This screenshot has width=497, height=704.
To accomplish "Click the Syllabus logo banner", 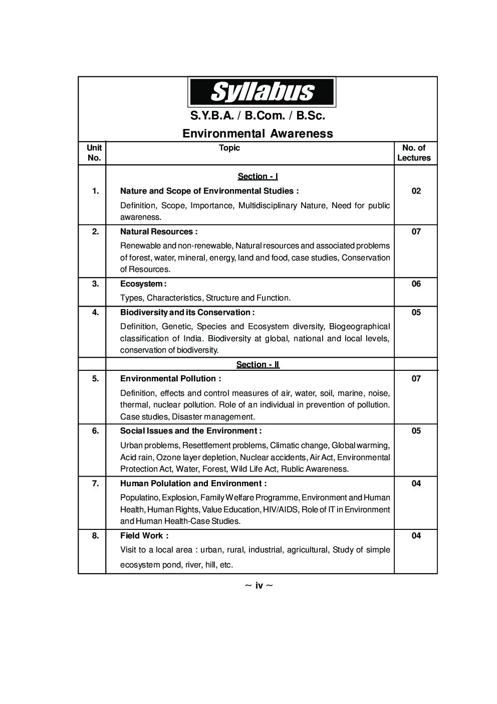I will click(x=261, y=92).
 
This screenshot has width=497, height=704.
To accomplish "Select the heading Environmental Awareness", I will click(x=258, y=133).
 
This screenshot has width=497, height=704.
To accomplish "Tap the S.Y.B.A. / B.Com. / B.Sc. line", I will click(x=258, y=116).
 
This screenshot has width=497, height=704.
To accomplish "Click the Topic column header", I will click(x=229, y=148).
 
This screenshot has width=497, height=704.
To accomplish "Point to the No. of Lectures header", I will click(x=414, y=153).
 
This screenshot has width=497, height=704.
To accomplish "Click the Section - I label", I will click(x=258, y=177).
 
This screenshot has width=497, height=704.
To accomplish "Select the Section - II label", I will click(x=258, y=365).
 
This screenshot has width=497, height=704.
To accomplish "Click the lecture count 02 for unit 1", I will click(x=416, y=191).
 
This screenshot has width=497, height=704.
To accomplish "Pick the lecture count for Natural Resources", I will click(x=416, y=232).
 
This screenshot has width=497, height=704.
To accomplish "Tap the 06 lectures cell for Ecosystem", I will click(x=416, y=284).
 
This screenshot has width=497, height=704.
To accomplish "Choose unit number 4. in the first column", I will click(x=95, y=313).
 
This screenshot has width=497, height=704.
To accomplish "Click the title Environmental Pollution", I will click(x=170, y=379).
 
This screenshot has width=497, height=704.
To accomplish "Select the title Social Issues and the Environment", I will click(x=190, y=431).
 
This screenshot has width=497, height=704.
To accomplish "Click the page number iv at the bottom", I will click(x=259, y=586).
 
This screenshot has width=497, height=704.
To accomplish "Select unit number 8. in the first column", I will click(x=95, y=536).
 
